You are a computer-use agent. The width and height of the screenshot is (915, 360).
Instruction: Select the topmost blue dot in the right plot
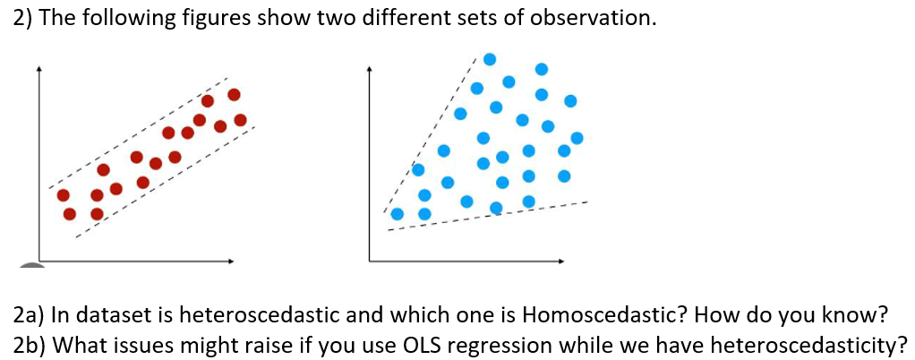(490, 59)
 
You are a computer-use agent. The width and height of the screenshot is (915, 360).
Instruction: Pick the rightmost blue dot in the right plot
(577, 138)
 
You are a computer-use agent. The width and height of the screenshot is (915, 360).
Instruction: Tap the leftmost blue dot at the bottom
(397, 214)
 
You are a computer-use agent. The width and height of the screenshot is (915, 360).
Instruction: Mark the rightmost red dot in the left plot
(240, 120)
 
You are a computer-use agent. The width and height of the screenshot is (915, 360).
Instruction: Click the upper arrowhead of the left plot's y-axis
(38, 67)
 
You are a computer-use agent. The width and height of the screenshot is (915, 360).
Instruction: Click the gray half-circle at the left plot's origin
(31, 266)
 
